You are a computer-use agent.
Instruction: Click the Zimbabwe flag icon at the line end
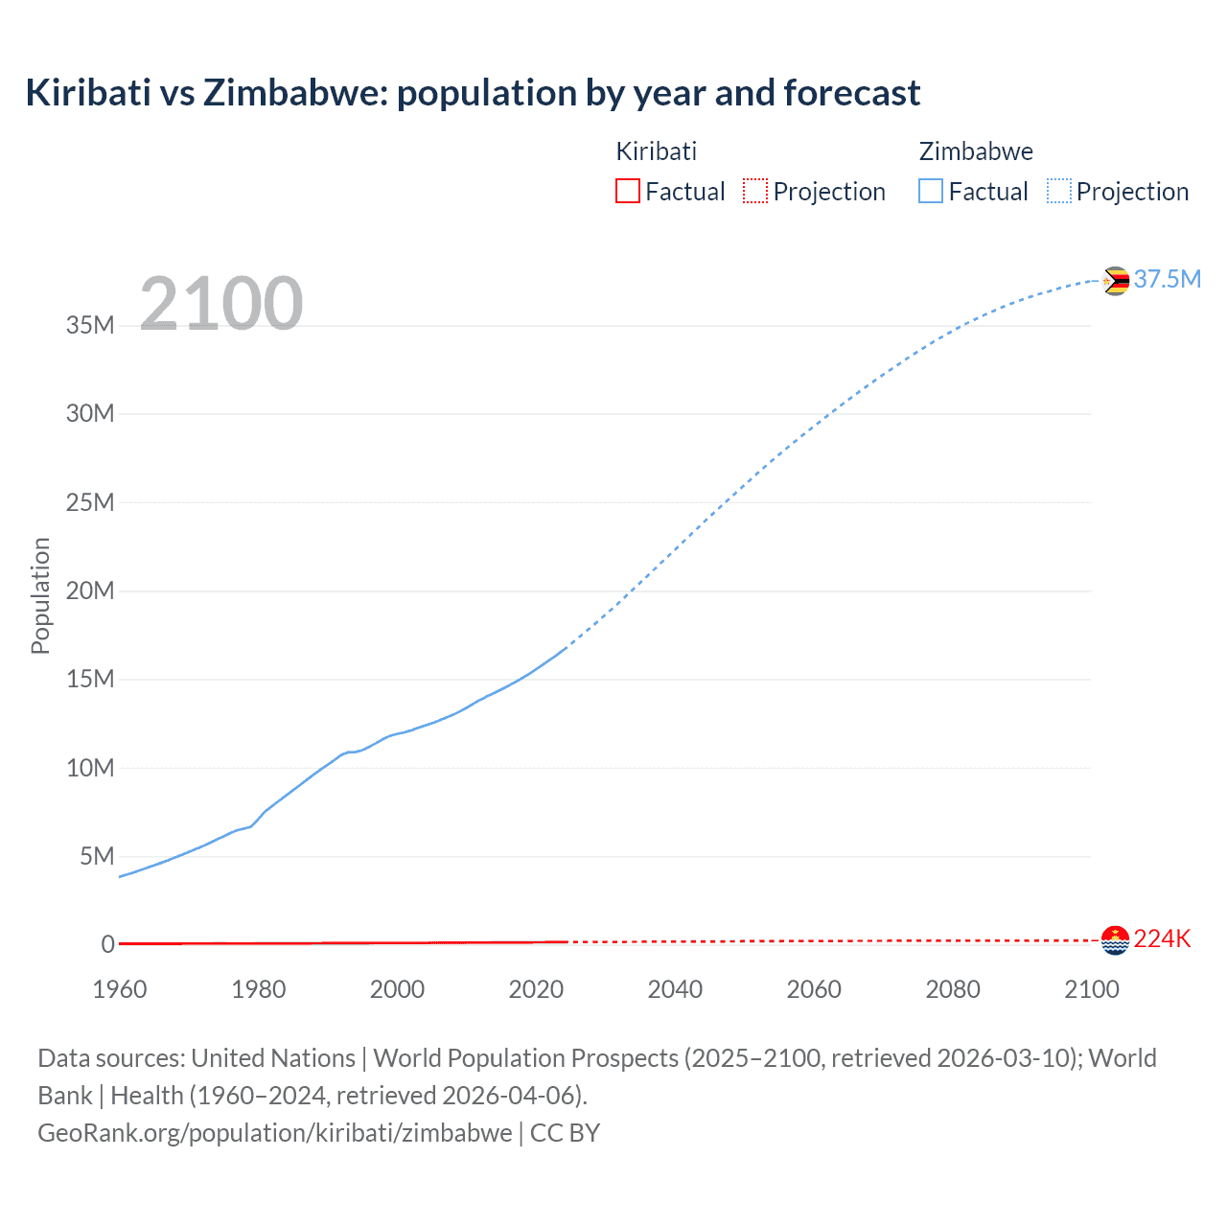[1116, 281]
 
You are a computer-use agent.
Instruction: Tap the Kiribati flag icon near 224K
[1116, 940]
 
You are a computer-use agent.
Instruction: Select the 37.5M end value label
[1167, 279]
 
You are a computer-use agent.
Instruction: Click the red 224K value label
[1162, 939]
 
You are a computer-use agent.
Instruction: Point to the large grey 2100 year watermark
[221, 304]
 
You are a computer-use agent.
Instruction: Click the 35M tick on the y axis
[90, 325]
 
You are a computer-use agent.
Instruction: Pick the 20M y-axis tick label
[90, 590]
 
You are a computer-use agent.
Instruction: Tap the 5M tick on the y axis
[97, 856]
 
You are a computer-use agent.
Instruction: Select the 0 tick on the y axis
[107, 944]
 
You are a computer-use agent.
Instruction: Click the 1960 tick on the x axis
[120, 989]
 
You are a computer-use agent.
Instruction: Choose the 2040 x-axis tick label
[675, 989]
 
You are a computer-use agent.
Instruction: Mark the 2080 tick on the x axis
[953, 989]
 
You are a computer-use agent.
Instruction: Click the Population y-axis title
[40, 595]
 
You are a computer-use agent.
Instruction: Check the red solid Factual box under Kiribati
[628, 191]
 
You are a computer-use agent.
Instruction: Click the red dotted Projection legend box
[755, 191]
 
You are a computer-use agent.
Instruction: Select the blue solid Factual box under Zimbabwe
[931, 191]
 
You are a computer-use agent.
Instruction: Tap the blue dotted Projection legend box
[1059, 191]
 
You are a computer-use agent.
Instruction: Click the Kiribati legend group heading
[657, 151]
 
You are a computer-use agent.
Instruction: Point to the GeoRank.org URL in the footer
[275, 1133]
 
